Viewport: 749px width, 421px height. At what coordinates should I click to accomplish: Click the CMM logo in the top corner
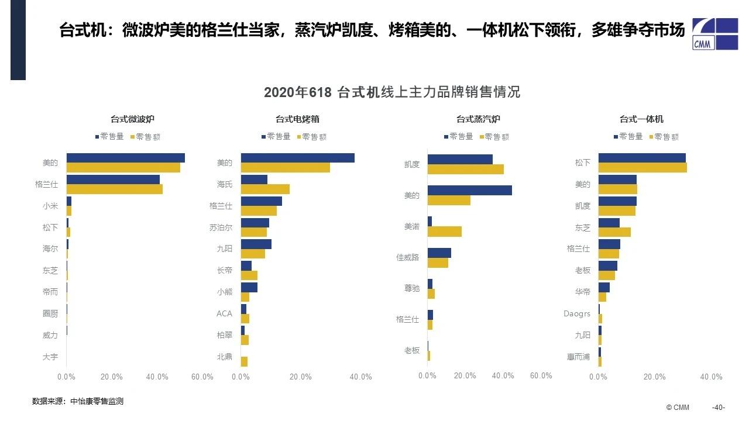coord(714,34)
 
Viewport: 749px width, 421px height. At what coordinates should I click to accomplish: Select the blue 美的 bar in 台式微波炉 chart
coord(125,158)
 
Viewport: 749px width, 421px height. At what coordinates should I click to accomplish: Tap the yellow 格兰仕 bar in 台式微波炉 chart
coord(114,189)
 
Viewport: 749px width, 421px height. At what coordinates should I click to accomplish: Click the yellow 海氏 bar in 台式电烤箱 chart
coord(265,189)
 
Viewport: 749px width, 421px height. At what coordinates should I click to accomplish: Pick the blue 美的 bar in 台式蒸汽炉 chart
coord(469,190)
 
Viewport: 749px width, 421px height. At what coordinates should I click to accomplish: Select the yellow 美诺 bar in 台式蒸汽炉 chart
coord(444,231)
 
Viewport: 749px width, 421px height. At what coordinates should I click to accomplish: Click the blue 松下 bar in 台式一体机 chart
coord(641,158)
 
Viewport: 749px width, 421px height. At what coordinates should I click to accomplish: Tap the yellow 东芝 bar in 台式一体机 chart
coord(614,232)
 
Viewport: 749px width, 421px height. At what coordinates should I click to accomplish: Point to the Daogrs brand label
coord(577,314)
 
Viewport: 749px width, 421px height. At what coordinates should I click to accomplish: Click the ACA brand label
coord(224,313)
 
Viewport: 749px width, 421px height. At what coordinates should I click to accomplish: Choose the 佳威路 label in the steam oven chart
coord(408,257)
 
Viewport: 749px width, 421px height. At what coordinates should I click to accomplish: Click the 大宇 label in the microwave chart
coord(50,357)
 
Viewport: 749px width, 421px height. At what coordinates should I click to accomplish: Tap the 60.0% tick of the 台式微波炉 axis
coord(202,377)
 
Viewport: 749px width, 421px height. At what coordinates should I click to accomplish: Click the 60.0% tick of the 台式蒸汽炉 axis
coord(541,376)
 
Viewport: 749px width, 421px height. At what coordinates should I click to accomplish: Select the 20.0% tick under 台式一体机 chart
coord(655,377)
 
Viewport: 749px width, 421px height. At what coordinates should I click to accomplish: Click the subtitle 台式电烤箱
coord(297,119)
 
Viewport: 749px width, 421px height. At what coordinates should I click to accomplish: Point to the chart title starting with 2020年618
coord(391,92)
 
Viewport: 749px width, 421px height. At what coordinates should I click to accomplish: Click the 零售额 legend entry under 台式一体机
coord(666,137)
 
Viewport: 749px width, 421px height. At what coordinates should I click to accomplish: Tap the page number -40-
coord(719,408)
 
